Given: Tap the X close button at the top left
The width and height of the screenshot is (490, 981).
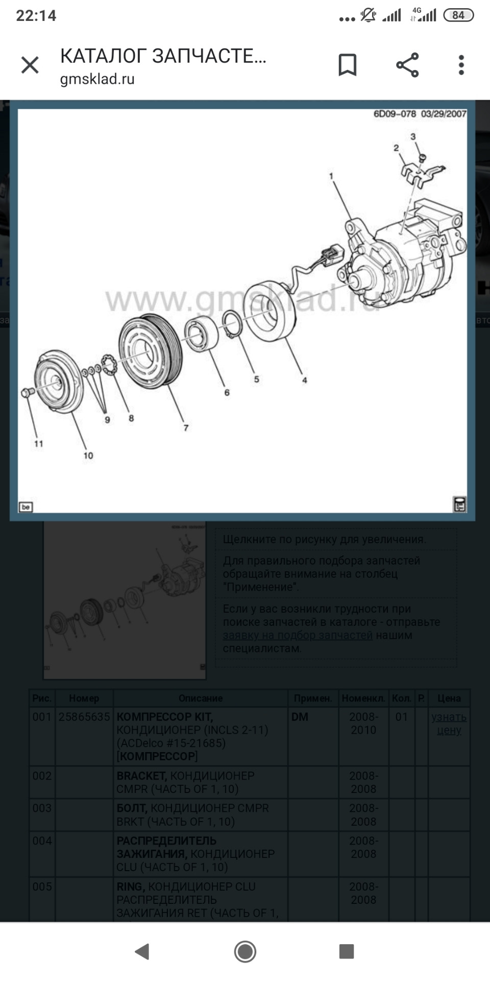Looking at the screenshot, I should click(x=30, y=65).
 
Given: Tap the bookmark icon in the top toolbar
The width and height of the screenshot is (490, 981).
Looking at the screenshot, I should click(x=347, y=65).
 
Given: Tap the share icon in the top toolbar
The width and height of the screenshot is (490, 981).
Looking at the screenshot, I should click(x=407, y=65).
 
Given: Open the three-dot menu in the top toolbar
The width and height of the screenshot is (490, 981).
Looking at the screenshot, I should click(x=461, y=65).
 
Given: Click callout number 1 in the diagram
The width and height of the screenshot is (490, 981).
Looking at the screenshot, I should click(x=331, y=176).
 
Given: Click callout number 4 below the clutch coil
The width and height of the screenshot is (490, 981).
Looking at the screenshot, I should click(x=304, y=380).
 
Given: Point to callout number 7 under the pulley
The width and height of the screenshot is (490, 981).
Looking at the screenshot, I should click(x=186, y=428).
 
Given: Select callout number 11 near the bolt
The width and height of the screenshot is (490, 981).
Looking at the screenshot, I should click(x=39, y=443).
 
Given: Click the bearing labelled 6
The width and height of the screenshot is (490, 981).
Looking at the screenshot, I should click(x=201, y=335).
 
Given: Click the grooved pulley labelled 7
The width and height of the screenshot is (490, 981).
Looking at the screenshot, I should click(x=151, y=352).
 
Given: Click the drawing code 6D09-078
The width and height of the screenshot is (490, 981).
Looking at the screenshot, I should click(x=395, y=114).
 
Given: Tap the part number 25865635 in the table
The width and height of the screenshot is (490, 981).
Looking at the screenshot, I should click(x=84, y=716).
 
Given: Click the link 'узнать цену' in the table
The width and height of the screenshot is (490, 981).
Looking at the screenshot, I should click(x=449, y=723).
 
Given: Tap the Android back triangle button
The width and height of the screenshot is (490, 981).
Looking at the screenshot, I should click(x=142, y=951).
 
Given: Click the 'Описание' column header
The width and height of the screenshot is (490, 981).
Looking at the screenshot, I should click(x=200, y=698).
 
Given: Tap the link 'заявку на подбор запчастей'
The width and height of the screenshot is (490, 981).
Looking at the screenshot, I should click(x=298, y=635).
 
